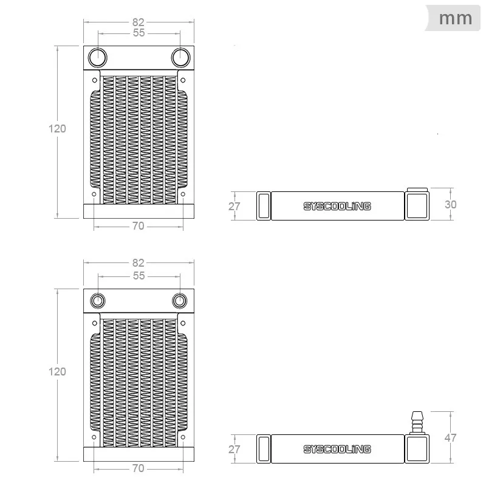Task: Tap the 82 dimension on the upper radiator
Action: pos(139,22)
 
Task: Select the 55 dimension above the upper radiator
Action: pos(139,33)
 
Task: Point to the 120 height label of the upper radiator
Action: pos(57,129)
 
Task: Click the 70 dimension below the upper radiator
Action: pos(139,226)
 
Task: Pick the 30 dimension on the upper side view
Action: pos(450,205)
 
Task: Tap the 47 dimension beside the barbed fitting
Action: pos(450,437)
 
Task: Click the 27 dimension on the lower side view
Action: pos(234,450)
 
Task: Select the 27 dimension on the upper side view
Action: pos(234,207)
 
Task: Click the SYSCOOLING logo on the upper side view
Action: pos(337,206)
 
